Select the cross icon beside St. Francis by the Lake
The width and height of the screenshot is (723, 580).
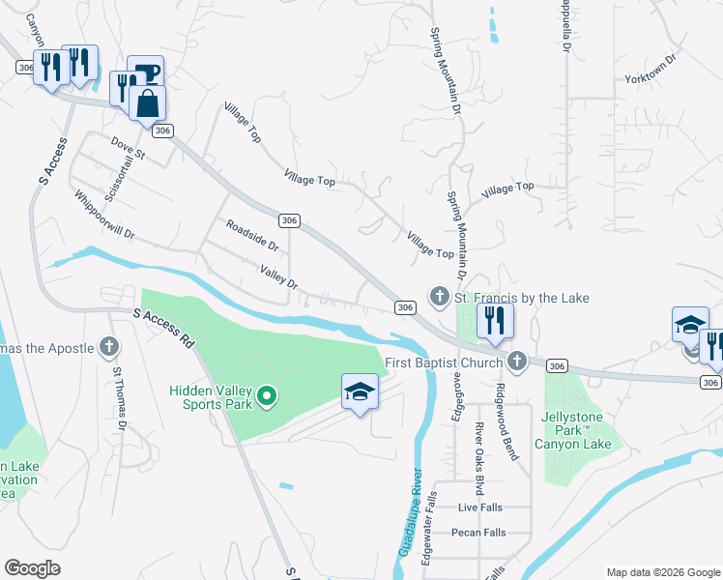coord(439,296)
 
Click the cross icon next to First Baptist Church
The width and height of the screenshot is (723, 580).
coord(517,362)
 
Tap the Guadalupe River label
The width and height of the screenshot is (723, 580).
coord(412,512)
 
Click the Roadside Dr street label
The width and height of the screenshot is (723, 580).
coord(252,235)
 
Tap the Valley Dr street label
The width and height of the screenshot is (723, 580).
coord(278,277)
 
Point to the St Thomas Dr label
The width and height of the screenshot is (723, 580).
coord(120,397)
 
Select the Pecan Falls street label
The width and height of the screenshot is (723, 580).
coord(478,533)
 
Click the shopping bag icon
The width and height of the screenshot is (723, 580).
coord(147,102)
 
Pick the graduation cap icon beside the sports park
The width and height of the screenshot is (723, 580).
coord(360,391)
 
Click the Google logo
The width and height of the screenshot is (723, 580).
coord(32,568)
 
